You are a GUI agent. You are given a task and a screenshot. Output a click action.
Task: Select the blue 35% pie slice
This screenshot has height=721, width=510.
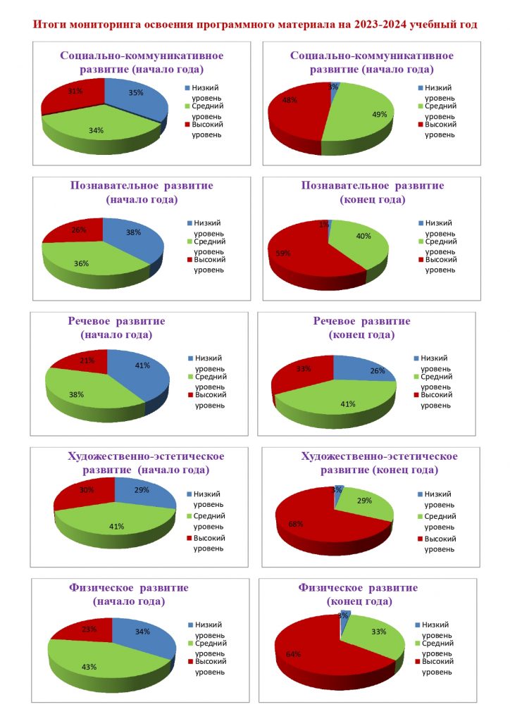coord(137,99)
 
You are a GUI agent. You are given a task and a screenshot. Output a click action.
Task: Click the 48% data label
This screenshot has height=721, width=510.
coord(288,100)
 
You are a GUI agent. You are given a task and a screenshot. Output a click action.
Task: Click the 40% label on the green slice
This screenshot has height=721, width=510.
coord(363,237)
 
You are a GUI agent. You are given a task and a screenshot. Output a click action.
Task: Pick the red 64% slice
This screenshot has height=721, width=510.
coord(310,651)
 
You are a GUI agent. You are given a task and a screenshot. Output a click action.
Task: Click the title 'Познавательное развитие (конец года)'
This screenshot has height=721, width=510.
coord(373,192)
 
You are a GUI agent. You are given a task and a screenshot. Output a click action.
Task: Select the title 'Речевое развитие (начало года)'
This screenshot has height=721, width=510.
coord(117,327)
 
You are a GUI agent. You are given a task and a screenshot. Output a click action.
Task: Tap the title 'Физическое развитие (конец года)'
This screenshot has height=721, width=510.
coord(359,594)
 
